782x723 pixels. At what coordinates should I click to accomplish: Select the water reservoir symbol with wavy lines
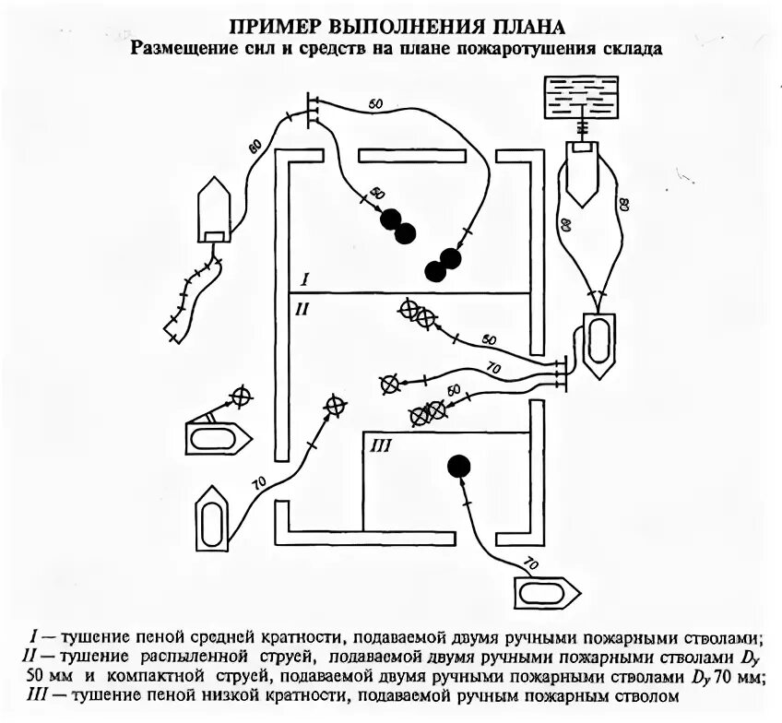581,96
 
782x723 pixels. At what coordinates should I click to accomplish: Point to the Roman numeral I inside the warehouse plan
303,279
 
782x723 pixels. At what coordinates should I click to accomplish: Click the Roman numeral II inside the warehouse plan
301,310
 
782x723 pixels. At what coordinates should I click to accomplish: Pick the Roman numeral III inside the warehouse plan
381,447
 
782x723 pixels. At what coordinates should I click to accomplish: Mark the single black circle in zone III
458,467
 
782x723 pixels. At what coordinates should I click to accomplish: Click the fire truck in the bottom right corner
546,589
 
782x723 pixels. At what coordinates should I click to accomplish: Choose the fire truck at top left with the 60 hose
214,209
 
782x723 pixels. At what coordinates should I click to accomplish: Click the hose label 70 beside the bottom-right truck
530,562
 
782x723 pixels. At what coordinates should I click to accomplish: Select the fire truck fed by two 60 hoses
597,343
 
